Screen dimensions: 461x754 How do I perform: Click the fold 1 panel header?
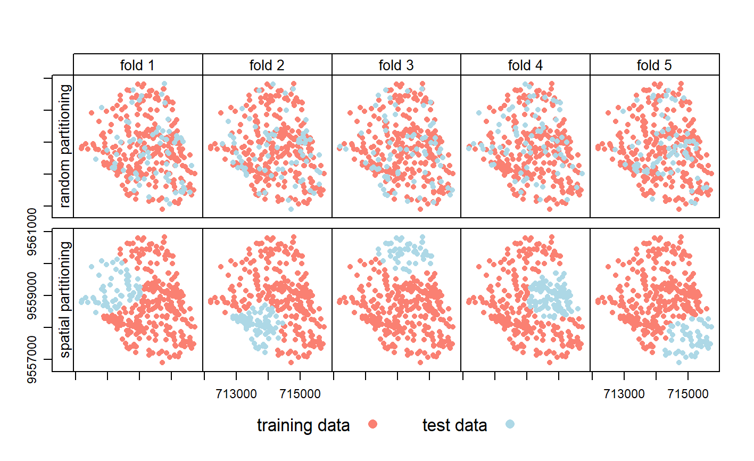point(137,65)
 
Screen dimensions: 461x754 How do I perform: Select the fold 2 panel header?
point(267,65)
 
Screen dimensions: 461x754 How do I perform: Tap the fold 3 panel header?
point(396,65)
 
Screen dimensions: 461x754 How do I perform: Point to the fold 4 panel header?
point(525,65)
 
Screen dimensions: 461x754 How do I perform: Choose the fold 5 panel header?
point(654,65)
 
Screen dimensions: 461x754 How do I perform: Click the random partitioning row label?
point(65,146)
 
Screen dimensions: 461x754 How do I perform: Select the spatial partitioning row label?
point(65,300)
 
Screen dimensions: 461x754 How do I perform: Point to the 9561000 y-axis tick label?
point(33,232)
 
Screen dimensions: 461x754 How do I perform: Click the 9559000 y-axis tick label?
point(33,295)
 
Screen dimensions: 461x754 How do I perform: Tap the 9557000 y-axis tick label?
point(33,359)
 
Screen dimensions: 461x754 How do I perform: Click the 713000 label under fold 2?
point(236,394)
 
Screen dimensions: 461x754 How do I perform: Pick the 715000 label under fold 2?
point(300,394)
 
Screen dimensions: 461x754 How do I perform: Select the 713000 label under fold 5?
point(624,394)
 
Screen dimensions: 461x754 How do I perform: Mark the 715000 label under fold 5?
point(688,394)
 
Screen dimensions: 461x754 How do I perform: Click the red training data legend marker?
point(372,424)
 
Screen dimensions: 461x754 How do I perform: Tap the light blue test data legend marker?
point(510,424)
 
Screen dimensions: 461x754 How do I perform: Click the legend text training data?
point(303,425)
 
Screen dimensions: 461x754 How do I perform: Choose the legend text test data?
point(454,425)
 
